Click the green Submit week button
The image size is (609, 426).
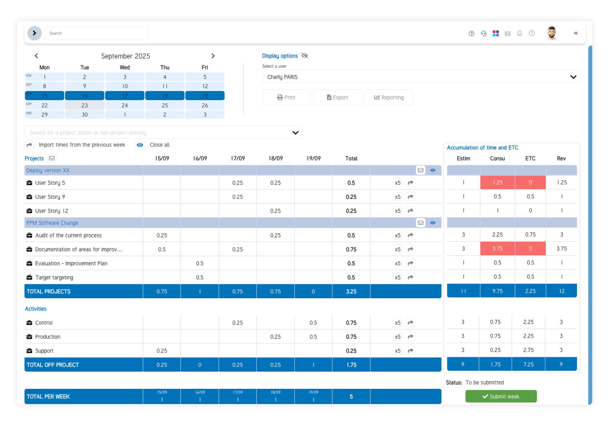point(501,396)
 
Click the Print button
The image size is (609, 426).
point(286,97)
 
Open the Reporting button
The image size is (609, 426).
point(389,97)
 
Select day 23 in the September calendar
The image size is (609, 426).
point(84,105)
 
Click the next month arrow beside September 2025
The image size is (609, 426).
point(213,56)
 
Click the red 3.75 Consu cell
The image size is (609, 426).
point(497,249)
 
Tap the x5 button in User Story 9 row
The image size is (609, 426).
point(397,197)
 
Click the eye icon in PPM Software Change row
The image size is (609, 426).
point(433,223)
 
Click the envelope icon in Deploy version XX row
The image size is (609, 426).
point(420,170)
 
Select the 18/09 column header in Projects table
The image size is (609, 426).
point(275,158)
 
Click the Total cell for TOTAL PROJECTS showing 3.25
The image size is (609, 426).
point(351,291)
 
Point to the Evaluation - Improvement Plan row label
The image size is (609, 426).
point(71,263)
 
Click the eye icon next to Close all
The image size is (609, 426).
point(140,145)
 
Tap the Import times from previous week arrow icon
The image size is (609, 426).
point(29,145)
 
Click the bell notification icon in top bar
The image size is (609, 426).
point(519,33)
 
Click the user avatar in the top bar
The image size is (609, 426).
point(551,33)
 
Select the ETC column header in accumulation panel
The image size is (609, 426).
point(530,158)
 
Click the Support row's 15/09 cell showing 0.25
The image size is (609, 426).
point(161,351)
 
